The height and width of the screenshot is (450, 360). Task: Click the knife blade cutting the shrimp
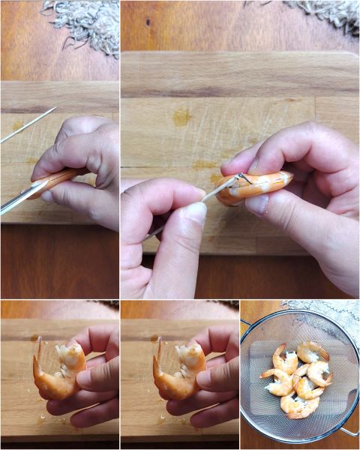(x=18, y=199)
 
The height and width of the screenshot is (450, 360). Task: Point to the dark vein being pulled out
(x=238, y=179)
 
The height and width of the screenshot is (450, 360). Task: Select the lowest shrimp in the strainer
(x=299, y=406)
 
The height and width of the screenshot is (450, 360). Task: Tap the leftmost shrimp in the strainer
(x=278, y=382)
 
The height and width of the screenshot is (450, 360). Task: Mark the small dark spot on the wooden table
(x=148, y=22)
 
